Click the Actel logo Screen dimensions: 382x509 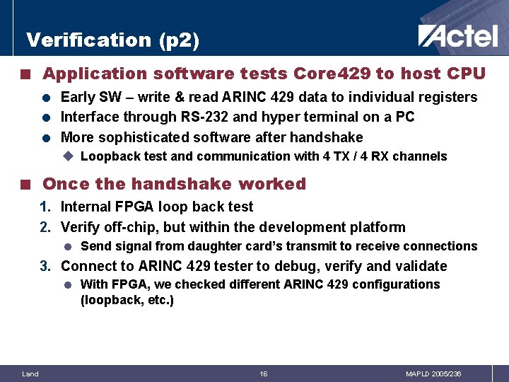click(x=457, y=35)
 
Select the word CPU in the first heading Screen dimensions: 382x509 click(x=466, y=74)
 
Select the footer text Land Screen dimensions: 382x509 click(x=30, y=374)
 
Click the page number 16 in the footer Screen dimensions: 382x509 click(x=263, y=374)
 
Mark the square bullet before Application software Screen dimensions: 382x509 click(x=25, y=74)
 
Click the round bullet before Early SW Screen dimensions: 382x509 click(x=45, y=98)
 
